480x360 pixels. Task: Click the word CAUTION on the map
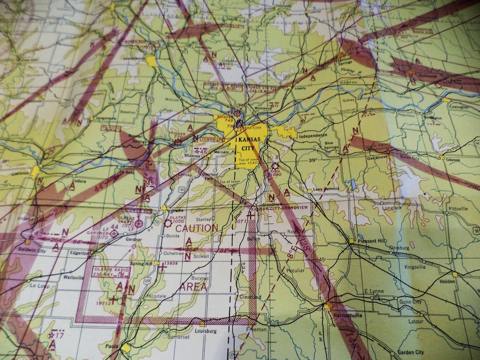(197, 228)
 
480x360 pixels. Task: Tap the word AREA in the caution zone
(194, 287)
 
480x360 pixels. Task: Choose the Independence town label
(313, 136)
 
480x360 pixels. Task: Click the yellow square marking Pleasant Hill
(351, 241)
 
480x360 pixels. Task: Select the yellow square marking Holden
(454, 274)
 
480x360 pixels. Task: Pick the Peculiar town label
(295, 270)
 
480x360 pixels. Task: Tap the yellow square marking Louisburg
(203, 324)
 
